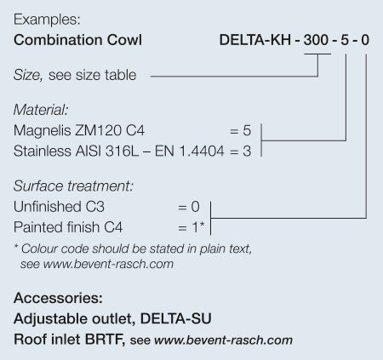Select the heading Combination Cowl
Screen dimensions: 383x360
(x=77, y=40)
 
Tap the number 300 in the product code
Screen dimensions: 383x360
(x=316, y=40)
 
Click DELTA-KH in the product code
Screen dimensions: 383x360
(x=255, y=40)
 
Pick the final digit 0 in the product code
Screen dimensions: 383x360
(x=365, y=40)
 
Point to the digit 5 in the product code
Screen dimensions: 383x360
(x=345, y=40)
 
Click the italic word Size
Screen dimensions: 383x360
(x=28, y=75)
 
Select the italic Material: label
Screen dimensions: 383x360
(x=41, y=110)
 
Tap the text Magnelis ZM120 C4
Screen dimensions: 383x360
(x=79, y=130)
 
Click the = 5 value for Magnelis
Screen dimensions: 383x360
(x=240, y=130)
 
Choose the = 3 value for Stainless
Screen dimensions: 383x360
(x=240, y=151)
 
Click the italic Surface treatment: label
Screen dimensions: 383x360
(x=73, y=186)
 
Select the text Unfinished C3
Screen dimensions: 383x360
(x=59, y=207)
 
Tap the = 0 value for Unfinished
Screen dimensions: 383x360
(x=189, y=207)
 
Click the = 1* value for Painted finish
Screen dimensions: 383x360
(x=191, y=227)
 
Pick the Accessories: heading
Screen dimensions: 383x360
(x=58, y=298)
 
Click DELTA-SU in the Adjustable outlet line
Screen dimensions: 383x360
(x=176, y=318)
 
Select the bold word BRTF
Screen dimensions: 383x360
(x=105, y=340)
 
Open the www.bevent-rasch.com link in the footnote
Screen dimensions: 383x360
(x=108, y=265)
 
